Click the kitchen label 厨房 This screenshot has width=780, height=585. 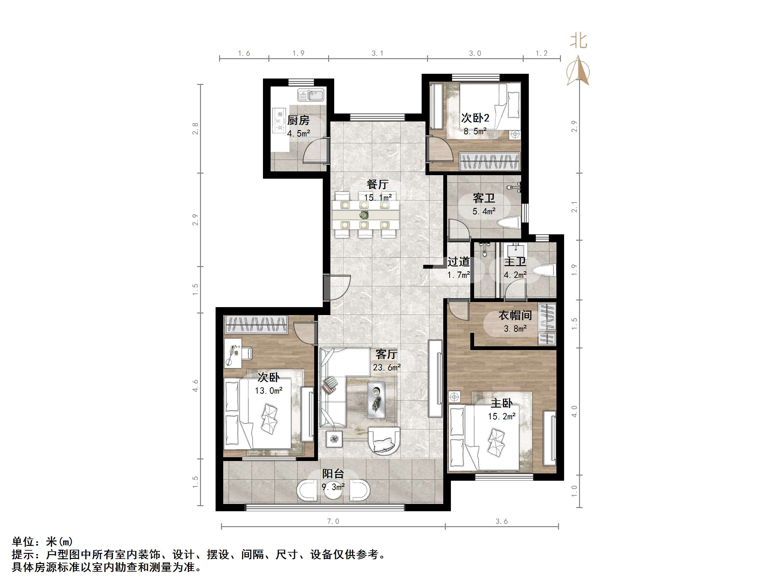tap(298, 120)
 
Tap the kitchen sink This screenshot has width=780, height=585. tap(311, 95)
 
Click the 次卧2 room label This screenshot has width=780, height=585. tap(475, 118)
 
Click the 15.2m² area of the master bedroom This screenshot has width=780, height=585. tap(501, 416)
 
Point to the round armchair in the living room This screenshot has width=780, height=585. tap(384, 441)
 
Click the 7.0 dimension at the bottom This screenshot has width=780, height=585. tap(333, 521)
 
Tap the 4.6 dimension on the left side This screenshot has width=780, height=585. tap(195, 385)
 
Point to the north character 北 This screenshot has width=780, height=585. tap(579, 41)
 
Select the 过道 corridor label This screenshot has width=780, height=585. tap(459, 262)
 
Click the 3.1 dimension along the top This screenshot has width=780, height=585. tap(377, 53)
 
